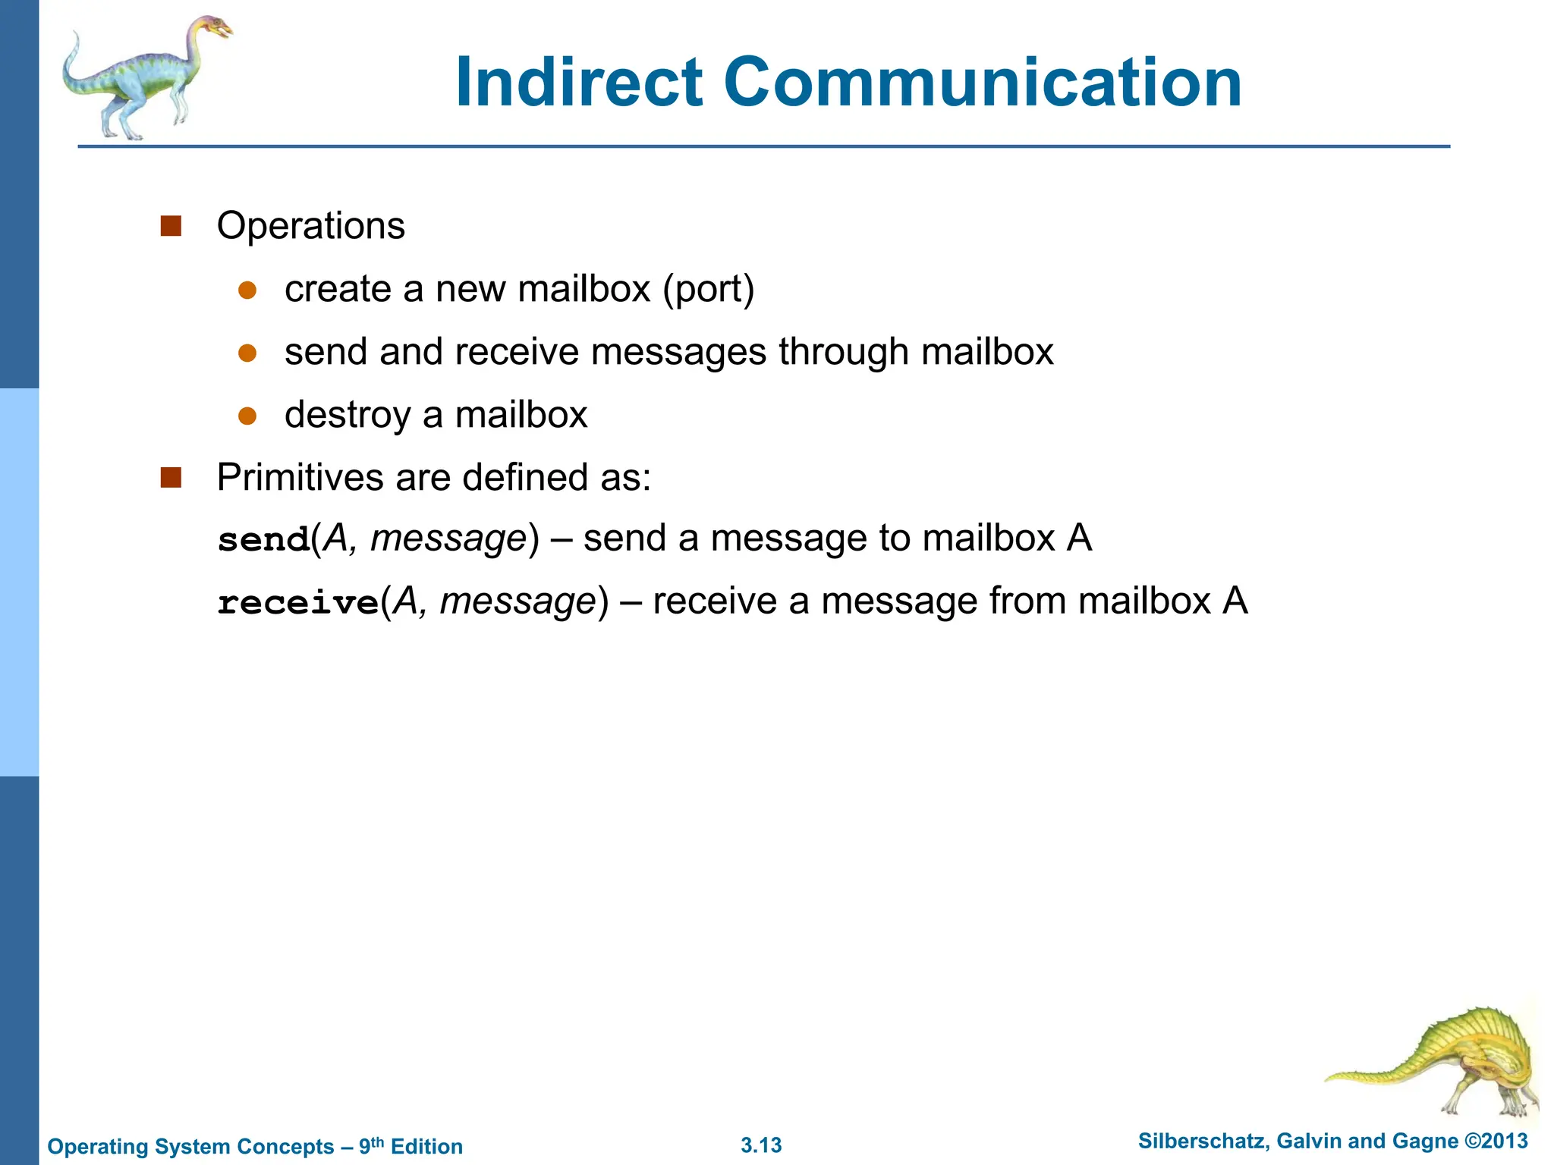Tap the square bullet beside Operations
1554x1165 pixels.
click(x=171, y=226)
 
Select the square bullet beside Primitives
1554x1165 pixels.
click(x=171, y=478)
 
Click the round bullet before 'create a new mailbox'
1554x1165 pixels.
click(x=247, y=290)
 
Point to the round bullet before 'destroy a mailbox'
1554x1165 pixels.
click(x=247, y=416)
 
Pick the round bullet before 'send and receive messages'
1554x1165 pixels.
click(x=247, y=353)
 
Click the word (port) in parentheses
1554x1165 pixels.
click(x=708, y=290)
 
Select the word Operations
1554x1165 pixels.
click(x=311, y=226)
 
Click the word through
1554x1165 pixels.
click(x=843, y=352)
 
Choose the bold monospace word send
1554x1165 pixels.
click(x=263, y=540)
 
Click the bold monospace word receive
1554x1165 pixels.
click(x=297, y=603)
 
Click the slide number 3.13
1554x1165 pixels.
click(x=761, y=1145)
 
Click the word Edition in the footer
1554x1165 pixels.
click(x=426, y=1147)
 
